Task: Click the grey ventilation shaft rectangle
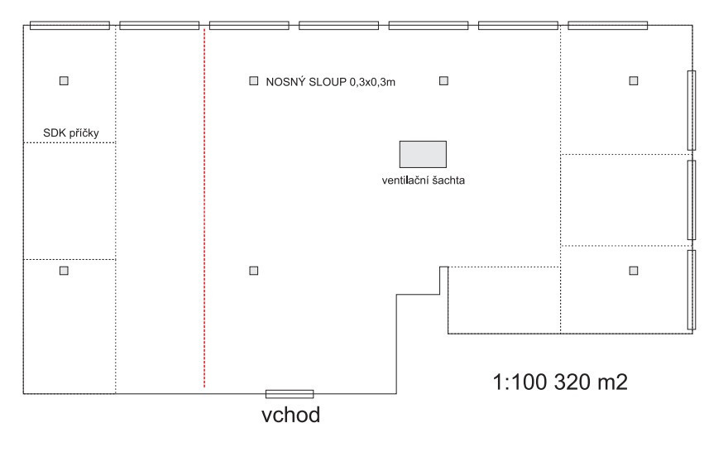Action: click(x=423, y=153)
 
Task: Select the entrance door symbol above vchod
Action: click(x=289, y=394)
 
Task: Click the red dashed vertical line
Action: click(x=204, y=207)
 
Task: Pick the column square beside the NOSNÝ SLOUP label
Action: click(x=254, y=81)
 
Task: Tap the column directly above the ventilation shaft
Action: click(x=443, y=80)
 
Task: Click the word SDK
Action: click(x=54, y=132)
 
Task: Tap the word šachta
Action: click(x=447, y=180)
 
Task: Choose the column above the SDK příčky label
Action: click(x=64, y=80)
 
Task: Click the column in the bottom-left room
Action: click(x=64, y=270)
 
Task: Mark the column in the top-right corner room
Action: click(x=634, y=80)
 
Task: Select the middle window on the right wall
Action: click(x=692, y=200)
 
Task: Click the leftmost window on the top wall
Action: click(x=69, y=26)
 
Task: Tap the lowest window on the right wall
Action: click(x=692, y=289)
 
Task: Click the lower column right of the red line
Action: click(x=254, y=270)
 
